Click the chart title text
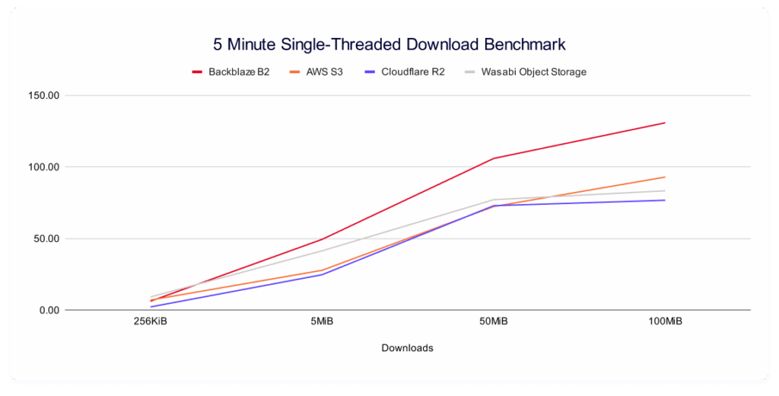[x=389, y=43]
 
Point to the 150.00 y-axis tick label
[x=43, y=96]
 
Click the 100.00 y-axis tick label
[x=43, y=167]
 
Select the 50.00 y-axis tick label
[x=45, y=238]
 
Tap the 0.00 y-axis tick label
[x=47, y=310]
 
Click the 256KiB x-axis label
[x=151, y=322]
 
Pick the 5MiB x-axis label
[x=322, y=322]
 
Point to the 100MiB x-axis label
[x=665, y=322]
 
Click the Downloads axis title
[x=407, y=348]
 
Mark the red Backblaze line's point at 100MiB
[x=665, y=123]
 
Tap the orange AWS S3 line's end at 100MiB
[x=665, y=177]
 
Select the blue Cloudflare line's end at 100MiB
[x=665, y=200]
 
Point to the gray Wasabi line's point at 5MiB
[x=322, y=251]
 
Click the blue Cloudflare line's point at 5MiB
[x=322, y=274]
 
